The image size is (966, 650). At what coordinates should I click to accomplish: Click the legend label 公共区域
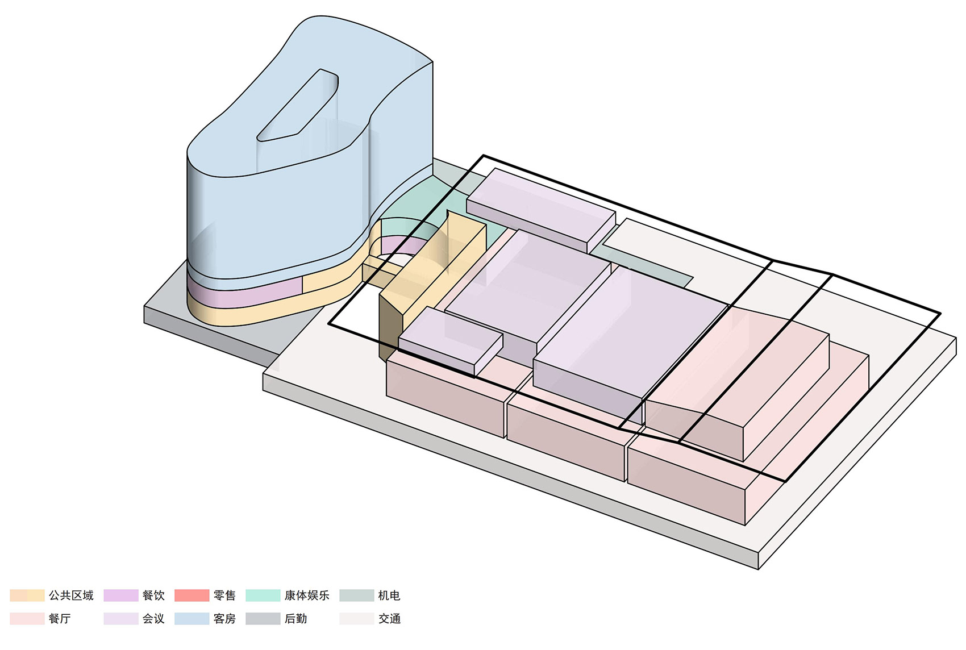(71, 595)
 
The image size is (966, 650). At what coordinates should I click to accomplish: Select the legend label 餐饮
(153, 595)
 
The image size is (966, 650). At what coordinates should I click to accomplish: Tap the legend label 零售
(224, 595)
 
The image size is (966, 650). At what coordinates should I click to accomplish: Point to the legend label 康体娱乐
(307, 595)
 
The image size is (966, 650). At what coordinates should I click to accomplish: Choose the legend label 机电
(389, 595)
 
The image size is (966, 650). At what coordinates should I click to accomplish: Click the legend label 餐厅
(60, 619)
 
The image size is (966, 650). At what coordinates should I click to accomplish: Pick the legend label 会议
(153, 619)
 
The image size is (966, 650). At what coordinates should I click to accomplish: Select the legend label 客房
(224, 619)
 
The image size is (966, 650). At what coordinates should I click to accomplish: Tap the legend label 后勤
(295, 619)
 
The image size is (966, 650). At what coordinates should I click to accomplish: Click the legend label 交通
(389, 619)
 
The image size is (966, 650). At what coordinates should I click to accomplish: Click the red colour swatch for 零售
(191, 595)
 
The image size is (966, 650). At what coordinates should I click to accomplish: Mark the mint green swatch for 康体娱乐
(263, 595)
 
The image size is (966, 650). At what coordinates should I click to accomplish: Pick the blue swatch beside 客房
(191, 619)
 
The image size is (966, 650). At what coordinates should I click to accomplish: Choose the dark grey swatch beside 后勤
(263, 619)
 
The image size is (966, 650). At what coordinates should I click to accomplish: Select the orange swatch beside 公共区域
(27, 595)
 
